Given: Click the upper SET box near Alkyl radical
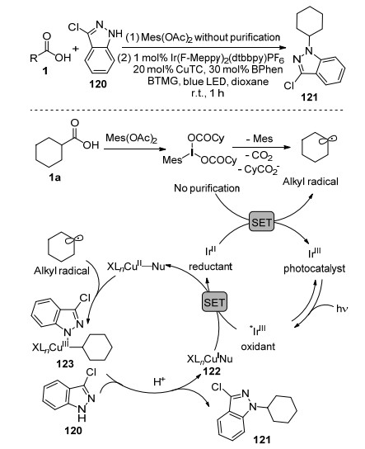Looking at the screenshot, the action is [261, 222].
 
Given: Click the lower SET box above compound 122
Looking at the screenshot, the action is [214, 302].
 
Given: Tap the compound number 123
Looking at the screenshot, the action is [64, 364].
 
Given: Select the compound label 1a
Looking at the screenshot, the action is [54, 177].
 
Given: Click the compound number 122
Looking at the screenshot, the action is [212, 371].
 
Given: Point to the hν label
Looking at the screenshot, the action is [342, 309].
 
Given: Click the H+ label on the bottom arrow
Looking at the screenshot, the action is [159, 381].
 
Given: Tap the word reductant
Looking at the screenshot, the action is [211, 267].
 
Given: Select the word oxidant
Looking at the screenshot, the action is [258, 346].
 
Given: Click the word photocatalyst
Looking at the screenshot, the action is [314, 269].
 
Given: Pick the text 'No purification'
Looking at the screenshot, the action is [207, 188].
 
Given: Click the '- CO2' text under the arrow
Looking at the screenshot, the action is [259, 156].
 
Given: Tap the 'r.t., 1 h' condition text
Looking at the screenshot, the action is [208, 93].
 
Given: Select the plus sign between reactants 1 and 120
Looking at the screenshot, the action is [76, 48].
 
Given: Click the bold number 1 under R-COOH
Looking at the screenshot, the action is [45, 70].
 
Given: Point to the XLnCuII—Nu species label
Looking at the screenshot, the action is [136, 267].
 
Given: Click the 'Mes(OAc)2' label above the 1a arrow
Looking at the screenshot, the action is [132, 139].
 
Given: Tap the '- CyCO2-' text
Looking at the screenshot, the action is [259, 170].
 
